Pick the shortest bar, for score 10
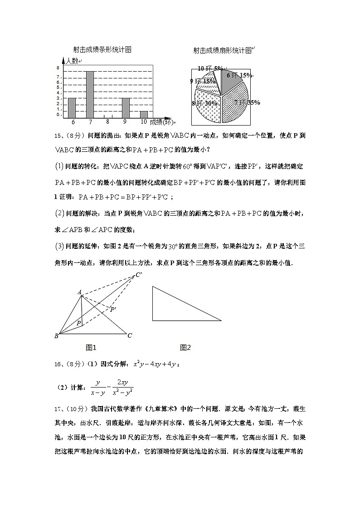pos(144,114)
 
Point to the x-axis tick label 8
pos(107,121)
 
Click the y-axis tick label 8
pos(58,68)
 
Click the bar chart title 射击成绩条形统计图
pos(102,49)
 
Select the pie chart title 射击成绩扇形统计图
pos(222,51)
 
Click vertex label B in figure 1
pos(56,336)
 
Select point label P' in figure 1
pos(113,309)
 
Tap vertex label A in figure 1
pos(79,292)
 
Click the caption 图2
pos(185,348)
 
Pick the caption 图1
pos(91,348)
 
